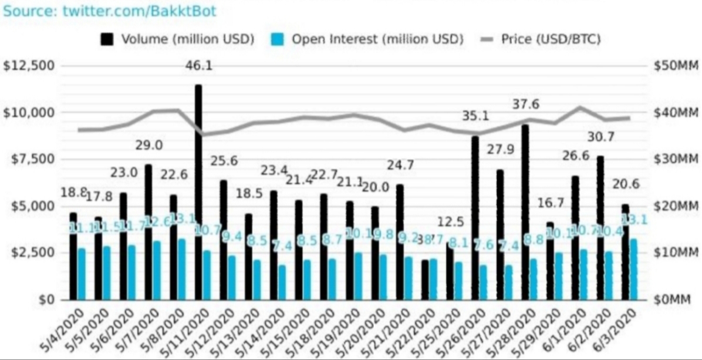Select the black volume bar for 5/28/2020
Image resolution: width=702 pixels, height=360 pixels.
coord(525,212)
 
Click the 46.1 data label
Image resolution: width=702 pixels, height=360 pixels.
coord(199,66)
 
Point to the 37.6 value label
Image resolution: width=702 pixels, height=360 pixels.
coord(525,104)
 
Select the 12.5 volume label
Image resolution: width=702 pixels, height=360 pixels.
coord(451,222)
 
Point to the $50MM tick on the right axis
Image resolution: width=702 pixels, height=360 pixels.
coord(675,66)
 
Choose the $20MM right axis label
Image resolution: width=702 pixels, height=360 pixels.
coord(675,206)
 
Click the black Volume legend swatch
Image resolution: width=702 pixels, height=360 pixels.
coord(107,39)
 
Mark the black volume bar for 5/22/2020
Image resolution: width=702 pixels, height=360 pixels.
coord(424,280)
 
